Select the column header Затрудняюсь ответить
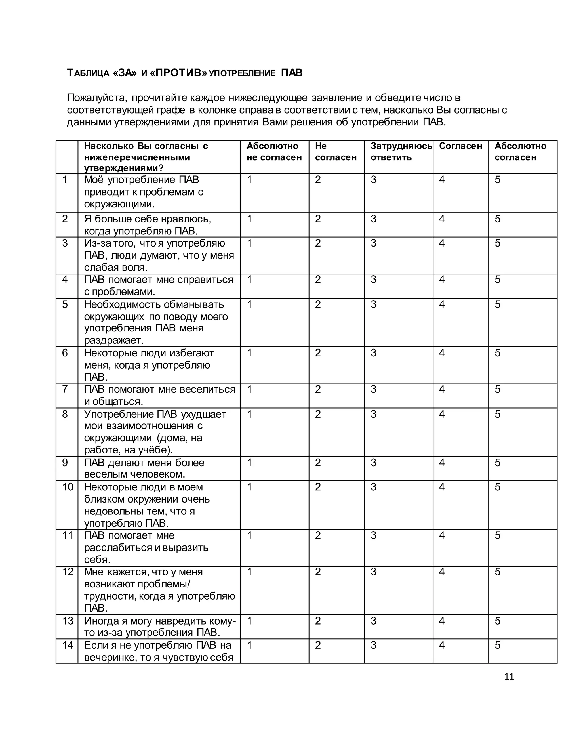[x=401, y=152]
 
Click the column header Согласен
[x=460, y=146]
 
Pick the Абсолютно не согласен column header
[x=274, y=152]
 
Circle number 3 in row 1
[x=373, y=180]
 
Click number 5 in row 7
[x=497, y=389]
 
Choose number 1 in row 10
[x=250, y=487]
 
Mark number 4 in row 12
[x=442, y=572]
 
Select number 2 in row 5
[x=318, y=304]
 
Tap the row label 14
[x=68, y=645]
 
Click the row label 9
[x=65, y=463]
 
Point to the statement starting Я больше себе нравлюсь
[x=148, y=225]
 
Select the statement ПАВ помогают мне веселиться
[x=160, y=395]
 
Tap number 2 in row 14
[x=318, y=645]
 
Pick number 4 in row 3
[x=442, y=243]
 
